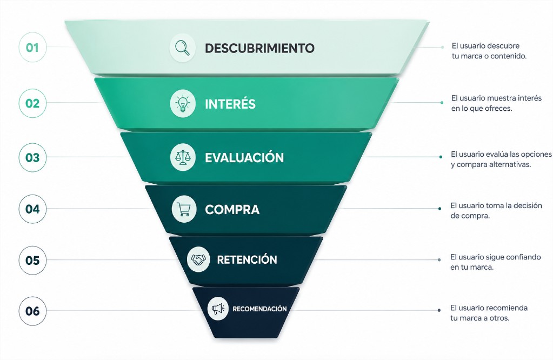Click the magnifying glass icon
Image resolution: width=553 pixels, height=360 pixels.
click(x=183, y=48)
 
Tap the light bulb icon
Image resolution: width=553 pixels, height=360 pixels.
click(x=183, y=103)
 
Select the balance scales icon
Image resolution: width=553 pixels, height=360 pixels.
click(x=183, y=157)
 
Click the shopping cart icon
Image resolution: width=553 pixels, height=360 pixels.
click(x=184, y=209)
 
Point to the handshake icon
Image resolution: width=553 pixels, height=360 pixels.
click(x=198, y=259)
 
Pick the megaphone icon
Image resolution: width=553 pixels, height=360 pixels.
click(x=218, y=309)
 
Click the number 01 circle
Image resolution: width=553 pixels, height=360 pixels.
click(x=32, y=47)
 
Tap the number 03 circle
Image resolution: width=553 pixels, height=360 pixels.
click(x=32, y=157)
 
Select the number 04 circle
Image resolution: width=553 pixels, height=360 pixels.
click(x=32, y=209)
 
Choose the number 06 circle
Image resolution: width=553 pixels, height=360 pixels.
click(x=32, y=311)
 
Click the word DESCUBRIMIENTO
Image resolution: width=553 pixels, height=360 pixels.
click(x=259, y=48)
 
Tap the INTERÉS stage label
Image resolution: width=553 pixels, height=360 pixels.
click(x=230, y=104)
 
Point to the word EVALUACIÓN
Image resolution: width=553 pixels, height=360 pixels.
click(x=244, y=157)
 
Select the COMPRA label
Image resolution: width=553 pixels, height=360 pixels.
click(x=232, y=209)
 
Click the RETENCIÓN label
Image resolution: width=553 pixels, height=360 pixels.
click(x=247, y=259)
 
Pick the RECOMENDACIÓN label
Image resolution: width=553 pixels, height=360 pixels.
click(x=259, y=309)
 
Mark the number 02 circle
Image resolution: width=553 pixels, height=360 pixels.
click(x=32, y=103)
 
